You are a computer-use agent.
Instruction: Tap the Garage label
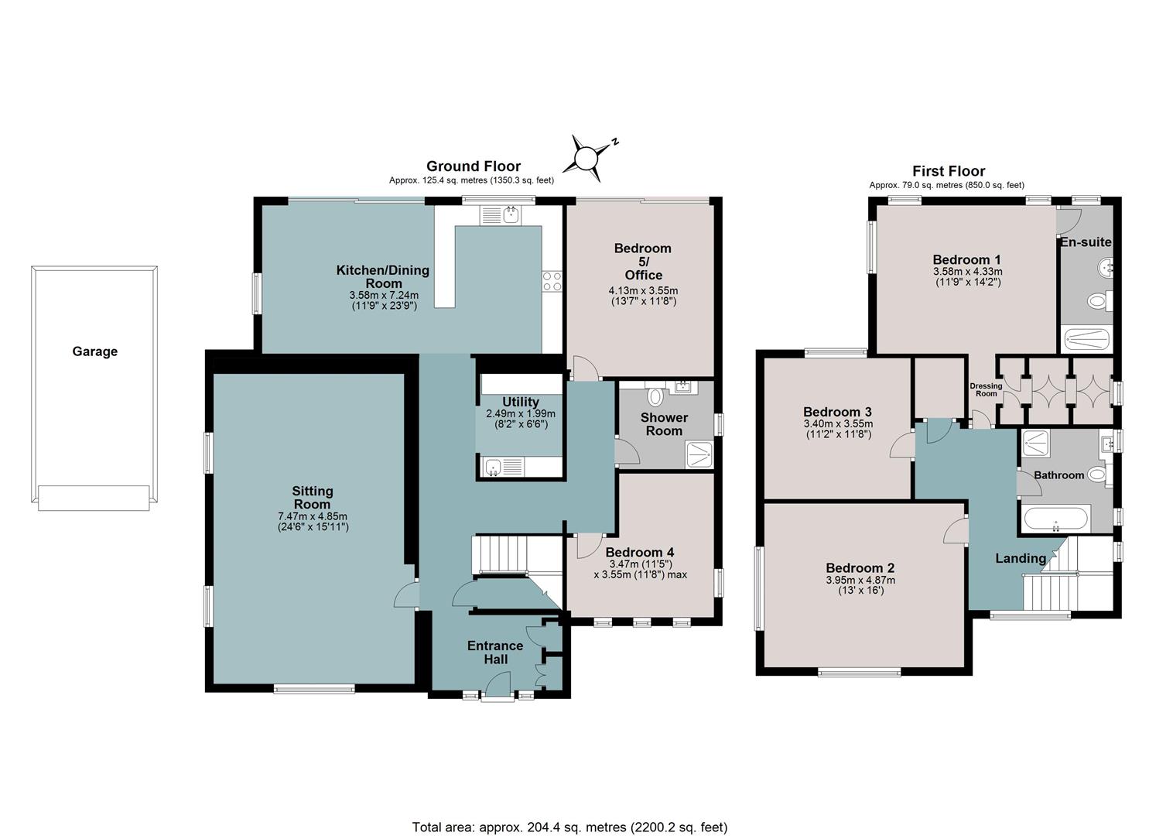point(95,351)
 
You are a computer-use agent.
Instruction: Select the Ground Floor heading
point(474,166)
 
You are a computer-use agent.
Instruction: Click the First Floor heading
point(949,171)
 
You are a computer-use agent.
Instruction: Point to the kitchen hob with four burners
point(552,282)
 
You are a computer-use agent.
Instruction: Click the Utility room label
point(520,402)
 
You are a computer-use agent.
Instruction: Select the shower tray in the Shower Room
point(699,455)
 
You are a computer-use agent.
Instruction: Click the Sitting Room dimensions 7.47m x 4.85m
point(313,516)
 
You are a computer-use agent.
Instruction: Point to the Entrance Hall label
point(495,653)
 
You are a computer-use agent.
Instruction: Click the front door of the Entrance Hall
point(497,687)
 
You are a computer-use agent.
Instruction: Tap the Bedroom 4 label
point(640,552)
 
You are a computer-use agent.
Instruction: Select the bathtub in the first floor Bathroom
point(1055,520)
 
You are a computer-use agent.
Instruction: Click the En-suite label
point(1086,242)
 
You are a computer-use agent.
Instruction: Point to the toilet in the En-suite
point(1099,301)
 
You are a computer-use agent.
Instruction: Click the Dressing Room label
point(986,389)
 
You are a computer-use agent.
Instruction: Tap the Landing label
point(1021,558)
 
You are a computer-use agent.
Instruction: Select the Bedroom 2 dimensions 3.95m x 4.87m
point(860,581)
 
